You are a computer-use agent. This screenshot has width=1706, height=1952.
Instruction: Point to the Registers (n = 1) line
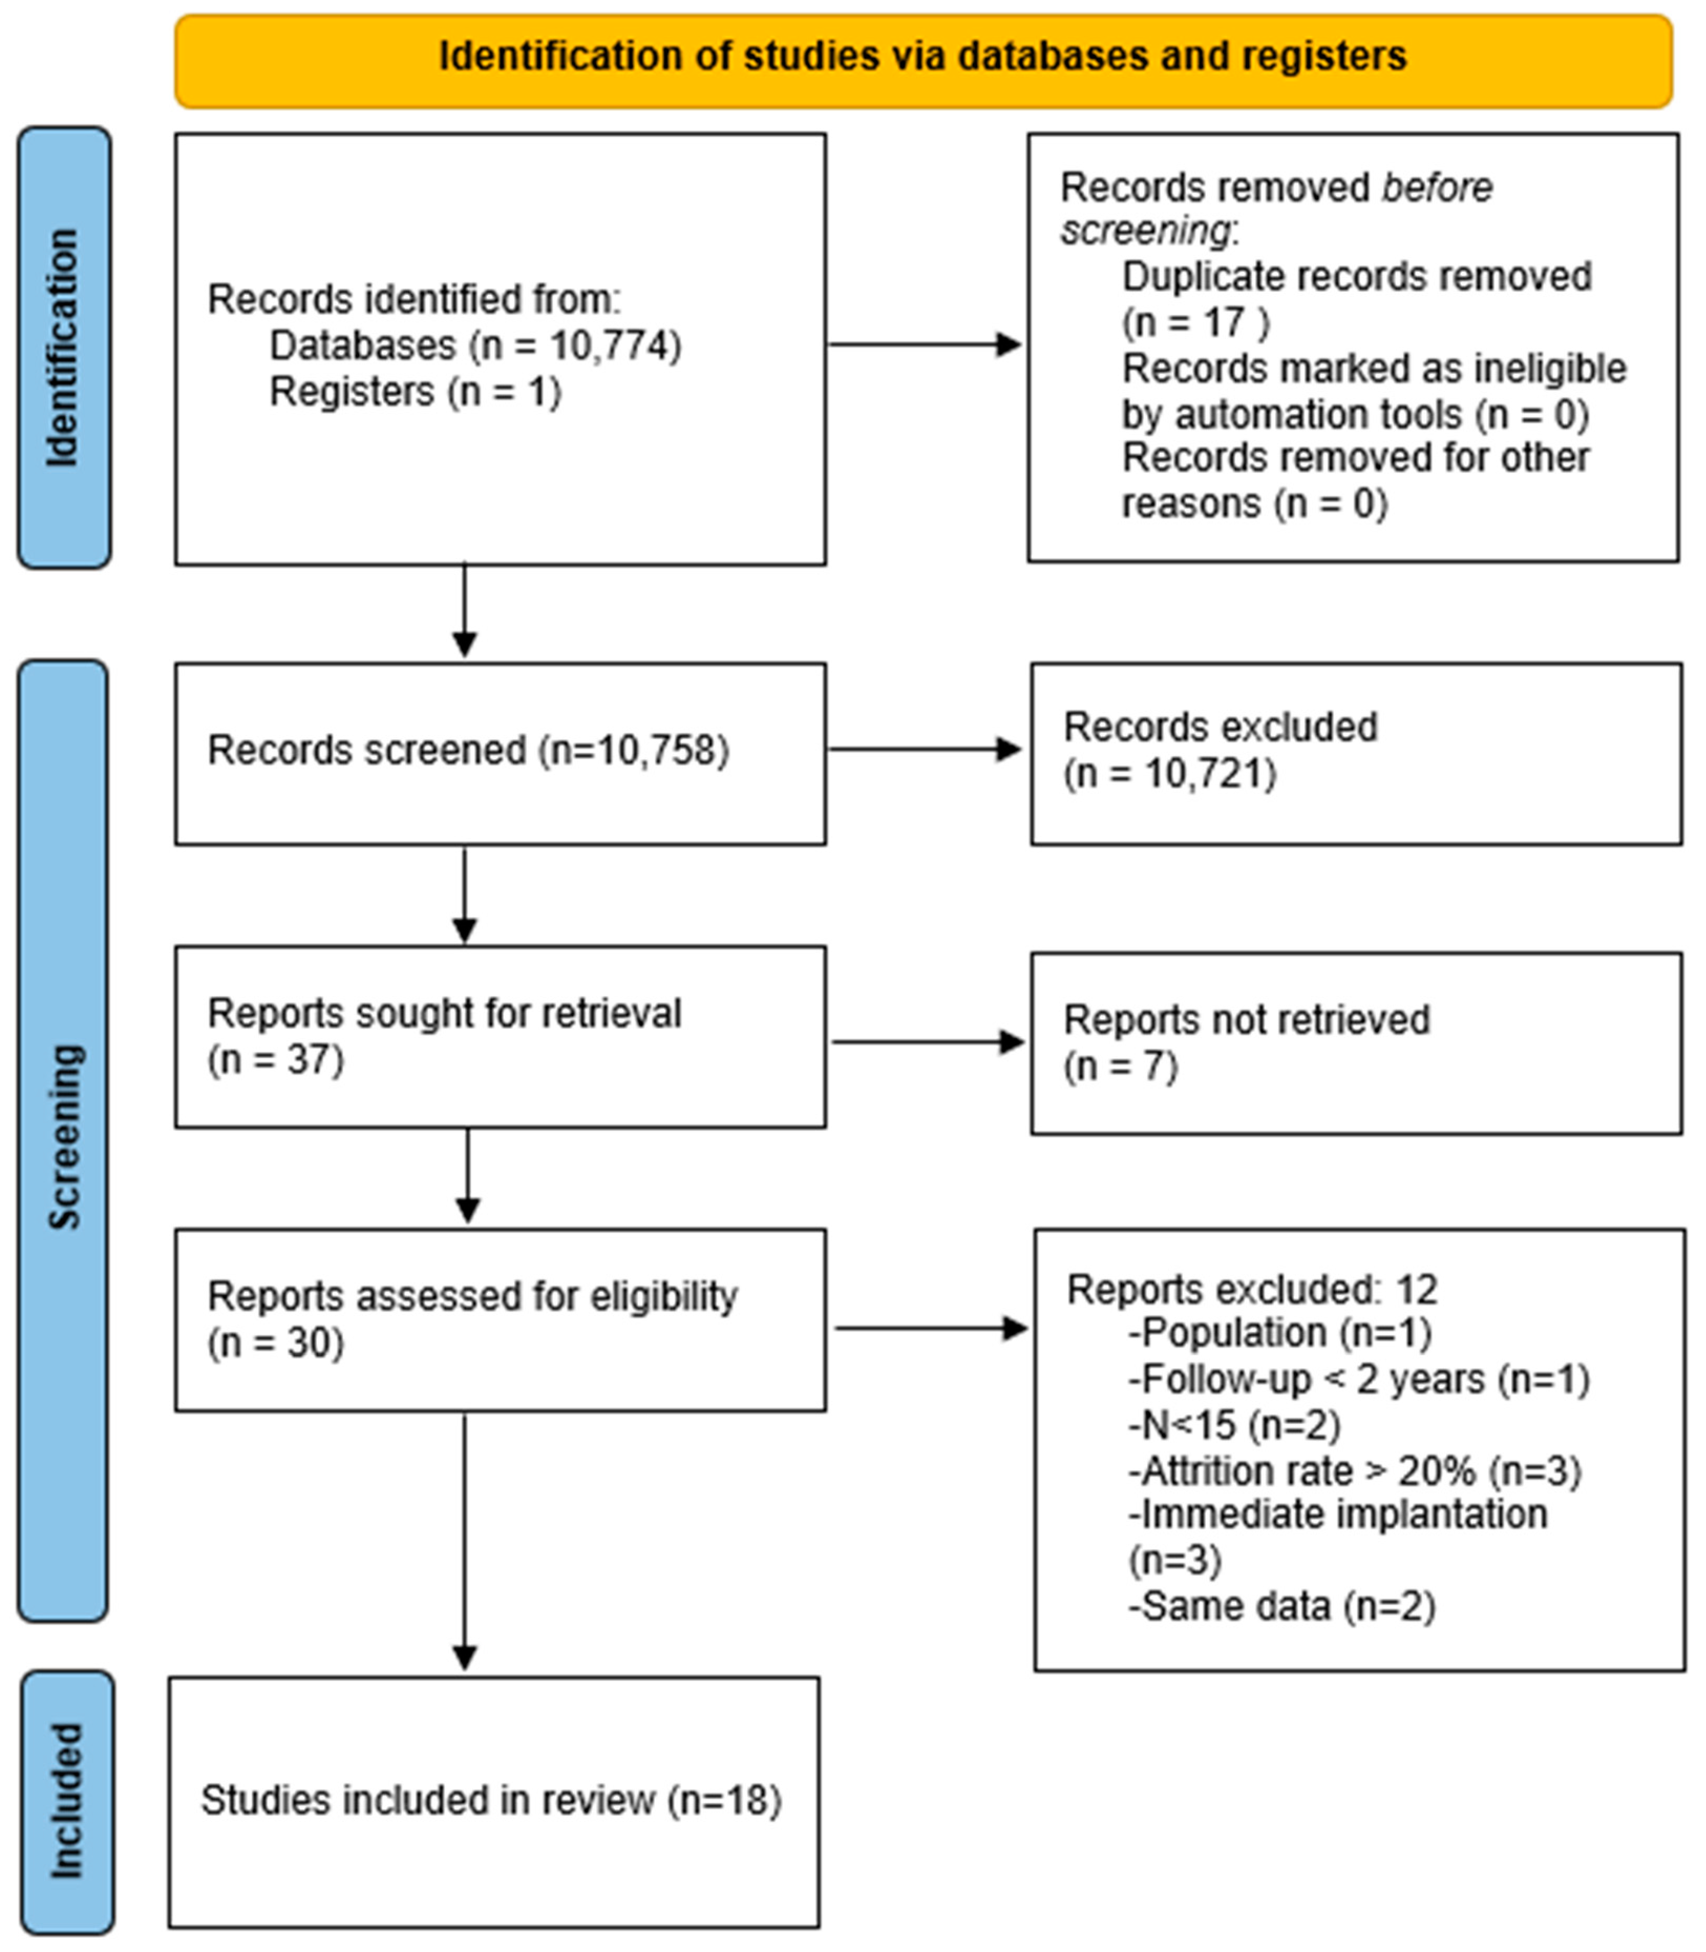pos(415,392)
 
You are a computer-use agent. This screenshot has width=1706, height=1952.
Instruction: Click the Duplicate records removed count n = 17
pos(1196,323)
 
